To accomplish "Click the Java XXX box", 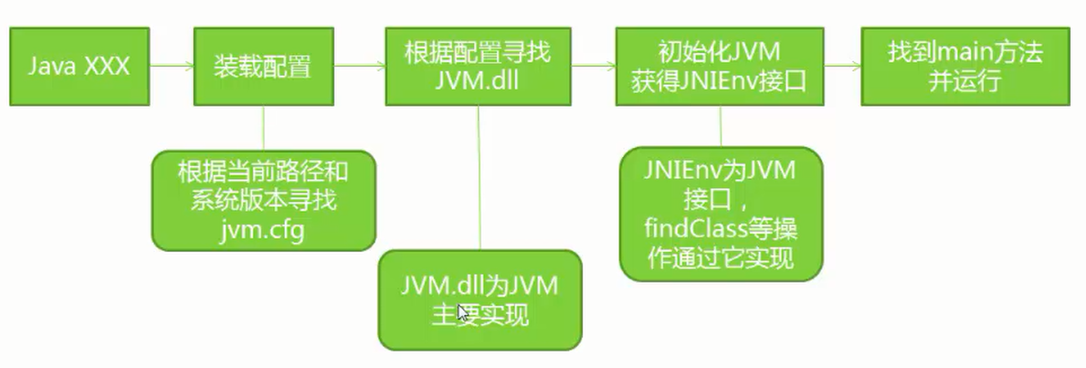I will coord(79,66).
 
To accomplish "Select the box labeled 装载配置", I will coord(262,66).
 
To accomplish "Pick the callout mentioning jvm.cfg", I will coord(262,199).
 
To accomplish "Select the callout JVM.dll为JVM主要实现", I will coord(480,300).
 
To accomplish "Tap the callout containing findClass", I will coord(721,213).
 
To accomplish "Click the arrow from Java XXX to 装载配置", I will coord(171,66).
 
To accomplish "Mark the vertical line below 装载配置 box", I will coord(263,128).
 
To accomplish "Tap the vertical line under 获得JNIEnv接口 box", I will coord(721,124).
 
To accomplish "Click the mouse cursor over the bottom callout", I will coord(464,314).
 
